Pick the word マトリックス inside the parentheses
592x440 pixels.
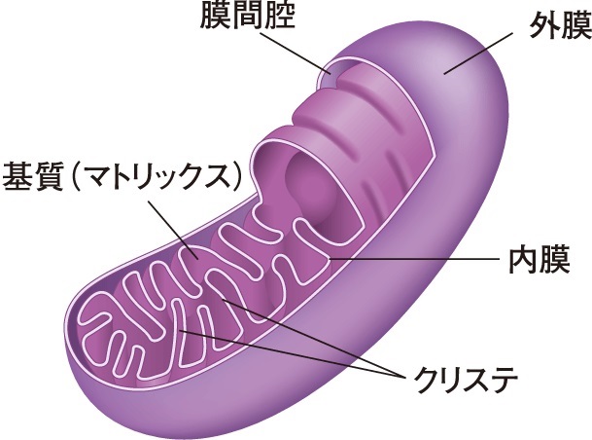pos(160,178)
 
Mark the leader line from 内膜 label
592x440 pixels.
pos(418,260)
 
